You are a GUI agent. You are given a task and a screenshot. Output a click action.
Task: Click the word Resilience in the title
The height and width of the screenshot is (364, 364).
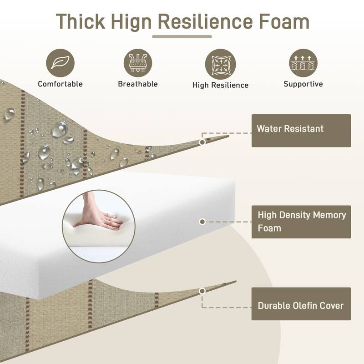[205, 21]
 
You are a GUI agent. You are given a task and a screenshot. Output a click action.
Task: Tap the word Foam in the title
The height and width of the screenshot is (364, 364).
[284, 21]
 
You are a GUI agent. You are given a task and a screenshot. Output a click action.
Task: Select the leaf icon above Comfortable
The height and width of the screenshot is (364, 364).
[61, 63]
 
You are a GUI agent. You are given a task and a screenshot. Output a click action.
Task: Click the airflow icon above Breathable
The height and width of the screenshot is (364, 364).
[138, 63]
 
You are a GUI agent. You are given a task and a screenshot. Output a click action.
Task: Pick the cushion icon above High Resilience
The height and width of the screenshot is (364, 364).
[221, 64]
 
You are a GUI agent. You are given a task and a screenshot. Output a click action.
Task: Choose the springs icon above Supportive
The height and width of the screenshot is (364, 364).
[303, 63]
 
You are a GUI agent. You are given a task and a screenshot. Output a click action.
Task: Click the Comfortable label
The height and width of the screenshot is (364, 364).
[61, 84]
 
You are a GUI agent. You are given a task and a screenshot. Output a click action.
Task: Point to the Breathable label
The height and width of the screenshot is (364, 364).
[138, 84]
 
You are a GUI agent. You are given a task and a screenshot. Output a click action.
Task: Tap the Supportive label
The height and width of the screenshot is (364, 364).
[303, 84]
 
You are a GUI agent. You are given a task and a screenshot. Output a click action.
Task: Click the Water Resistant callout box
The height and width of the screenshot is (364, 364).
[301, 131]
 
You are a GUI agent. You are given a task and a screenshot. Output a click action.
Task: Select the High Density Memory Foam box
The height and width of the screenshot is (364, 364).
[301, 222]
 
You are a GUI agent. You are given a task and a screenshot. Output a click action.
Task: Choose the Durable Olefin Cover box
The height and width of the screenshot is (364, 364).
[301, 304]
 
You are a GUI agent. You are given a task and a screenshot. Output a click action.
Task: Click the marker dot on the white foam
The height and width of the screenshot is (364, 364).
[202, 222]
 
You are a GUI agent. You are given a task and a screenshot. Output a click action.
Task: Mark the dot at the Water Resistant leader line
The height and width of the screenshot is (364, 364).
[202, 142]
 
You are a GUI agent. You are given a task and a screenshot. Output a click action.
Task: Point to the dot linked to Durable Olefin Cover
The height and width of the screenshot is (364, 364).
[202, 291]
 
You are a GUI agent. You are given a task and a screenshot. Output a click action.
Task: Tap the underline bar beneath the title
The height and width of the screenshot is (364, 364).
[182, 37]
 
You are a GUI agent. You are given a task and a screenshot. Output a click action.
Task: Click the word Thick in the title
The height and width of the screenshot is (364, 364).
[81, 21]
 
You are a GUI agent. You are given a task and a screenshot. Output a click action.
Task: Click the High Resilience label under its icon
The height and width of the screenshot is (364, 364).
[221, 85]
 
